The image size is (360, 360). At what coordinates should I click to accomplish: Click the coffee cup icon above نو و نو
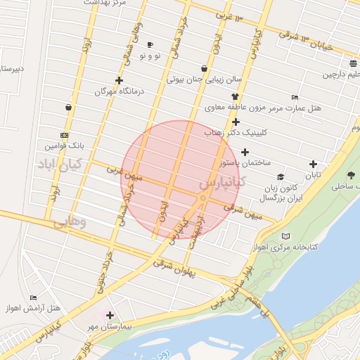(149, 44)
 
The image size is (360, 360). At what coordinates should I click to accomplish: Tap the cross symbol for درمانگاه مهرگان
(119, 81)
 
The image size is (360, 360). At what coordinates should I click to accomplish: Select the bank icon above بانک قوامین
(65, 134)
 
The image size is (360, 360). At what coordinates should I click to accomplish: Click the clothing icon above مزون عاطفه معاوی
(235, 97)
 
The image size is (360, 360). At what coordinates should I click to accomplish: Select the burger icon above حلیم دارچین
(352, 63)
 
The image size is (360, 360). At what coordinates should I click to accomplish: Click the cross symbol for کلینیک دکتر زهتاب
(236, 122)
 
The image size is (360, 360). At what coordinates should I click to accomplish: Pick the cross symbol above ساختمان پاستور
(245, 152)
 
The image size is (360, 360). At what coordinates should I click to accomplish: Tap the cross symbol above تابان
(312, 165)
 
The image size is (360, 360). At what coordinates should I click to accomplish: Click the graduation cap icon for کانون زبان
(281, 177)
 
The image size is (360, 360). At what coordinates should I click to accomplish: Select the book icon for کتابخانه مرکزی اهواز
(284, 236)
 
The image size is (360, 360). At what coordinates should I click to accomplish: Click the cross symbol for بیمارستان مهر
(109, 315)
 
